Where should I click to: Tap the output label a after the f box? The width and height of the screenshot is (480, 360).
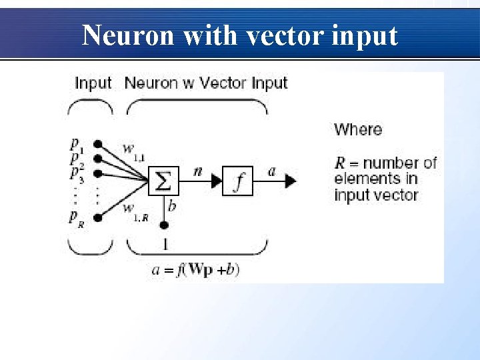271,171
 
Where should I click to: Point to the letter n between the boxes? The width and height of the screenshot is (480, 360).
197,171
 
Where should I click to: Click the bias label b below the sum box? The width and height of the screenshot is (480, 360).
172,206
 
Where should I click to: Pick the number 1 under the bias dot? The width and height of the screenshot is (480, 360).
165,244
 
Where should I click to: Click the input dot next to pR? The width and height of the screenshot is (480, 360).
98,217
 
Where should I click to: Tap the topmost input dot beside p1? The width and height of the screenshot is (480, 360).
98,143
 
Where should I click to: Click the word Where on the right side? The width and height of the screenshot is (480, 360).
358,129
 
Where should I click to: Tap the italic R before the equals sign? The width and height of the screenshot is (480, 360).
340,163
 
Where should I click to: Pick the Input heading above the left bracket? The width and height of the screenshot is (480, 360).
93,83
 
